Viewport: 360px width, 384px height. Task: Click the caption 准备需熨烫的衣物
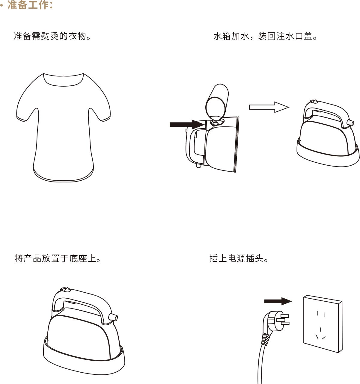(52, 36)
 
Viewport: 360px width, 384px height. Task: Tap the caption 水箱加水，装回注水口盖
(265, 36)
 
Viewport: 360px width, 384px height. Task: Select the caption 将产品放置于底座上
(58, 258)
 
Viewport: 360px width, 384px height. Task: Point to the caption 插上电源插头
(239, 258)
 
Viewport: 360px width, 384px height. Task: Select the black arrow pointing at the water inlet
(187, 124)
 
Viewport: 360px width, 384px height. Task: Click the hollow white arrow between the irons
(269, 107)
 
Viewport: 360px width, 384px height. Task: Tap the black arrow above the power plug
(278, 301)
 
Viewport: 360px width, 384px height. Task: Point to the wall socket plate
(322, 324)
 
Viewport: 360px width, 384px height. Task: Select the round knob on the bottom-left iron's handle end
(113, 317)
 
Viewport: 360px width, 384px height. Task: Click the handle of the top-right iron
(327, 110)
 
